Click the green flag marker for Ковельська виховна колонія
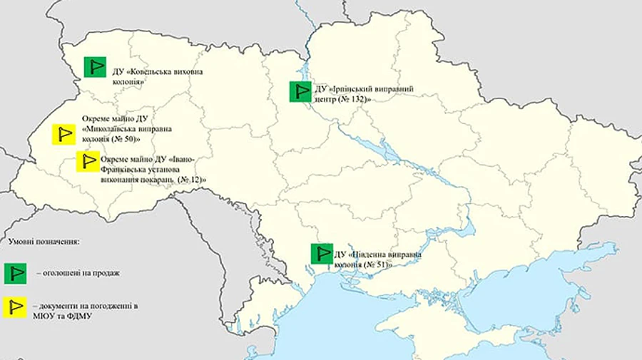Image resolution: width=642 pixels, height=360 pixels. [93, 67]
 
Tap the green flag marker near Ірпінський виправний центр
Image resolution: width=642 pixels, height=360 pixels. [299, 92]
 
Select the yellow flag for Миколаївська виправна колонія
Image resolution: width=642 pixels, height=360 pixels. [64, 133]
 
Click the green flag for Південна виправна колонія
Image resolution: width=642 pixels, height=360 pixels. [321, 254]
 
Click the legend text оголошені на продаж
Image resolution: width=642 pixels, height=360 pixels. [78, 273]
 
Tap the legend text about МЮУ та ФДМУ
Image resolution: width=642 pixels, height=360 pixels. [63, 314]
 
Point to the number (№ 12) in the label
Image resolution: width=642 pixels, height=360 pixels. [189, 180]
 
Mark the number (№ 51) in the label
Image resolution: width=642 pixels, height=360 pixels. [379, 264]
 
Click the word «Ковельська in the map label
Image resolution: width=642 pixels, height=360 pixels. [153, 71]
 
